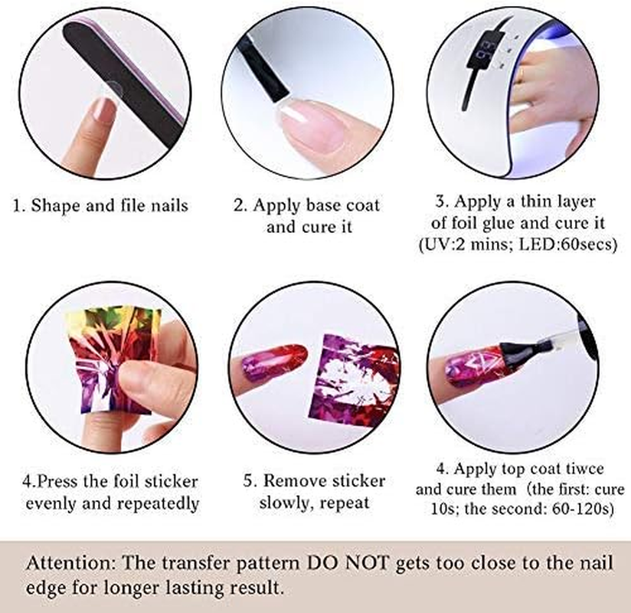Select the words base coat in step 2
(342, 206)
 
